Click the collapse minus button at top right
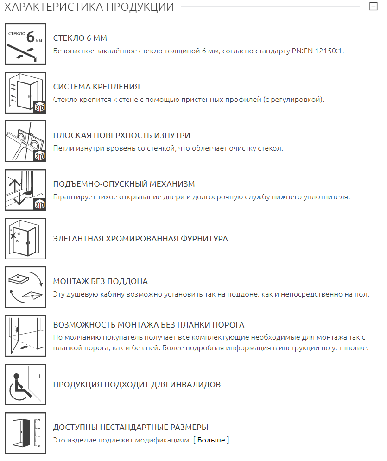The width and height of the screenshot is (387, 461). pyautogui.click(x=373, y=6)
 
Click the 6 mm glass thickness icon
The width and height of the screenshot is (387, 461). pyautogui.click(x=25, y=44)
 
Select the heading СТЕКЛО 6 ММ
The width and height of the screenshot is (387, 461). pyautogui.click(x=80, y=38)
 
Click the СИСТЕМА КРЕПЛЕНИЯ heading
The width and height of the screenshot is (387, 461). pyautogui.click(x=96, y=87)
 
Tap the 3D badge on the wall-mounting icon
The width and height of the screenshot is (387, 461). pyautogui.click(x=40, y=107)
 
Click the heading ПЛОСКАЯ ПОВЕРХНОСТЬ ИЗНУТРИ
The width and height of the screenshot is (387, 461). pyautogui.click(x=122, y=135)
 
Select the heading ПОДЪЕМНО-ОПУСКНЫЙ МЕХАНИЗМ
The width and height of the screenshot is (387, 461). pyautogui.click(x=124, y=184)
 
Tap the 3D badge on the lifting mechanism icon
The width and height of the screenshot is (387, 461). pyautogui.click(x=40, y=204)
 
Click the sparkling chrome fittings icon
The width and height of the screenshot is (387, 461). pyautogui.click(x=25, y=239)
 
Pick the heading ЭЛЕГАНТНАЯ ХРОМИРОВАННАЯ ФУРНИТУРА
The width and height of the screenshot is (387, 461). pyautogui.click(x=140, y=239)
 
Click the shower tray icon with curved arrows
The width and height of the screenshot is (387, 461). pyautogui.click(x=25, y=287)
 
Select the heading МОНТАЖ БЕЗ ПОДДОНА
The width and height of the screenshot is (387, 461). pyautogui.click(x=101, y=281)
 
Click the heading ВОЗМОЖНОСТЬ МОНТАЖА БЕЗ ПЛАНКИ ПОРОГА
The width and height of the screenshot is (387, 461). pyautogui.click(x=149, y=325)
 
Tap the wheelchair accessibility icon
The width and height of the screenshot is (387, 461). pyautogui.click(x=25, y=385)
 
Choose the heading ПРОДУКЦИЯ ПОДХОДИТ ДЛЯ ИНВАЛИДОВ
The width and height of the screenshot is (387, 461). pyautogui.click(x=137, y=385)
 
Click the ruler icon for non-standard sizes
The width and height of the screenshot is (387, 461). pyautogui.click(x=25, y=433)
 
